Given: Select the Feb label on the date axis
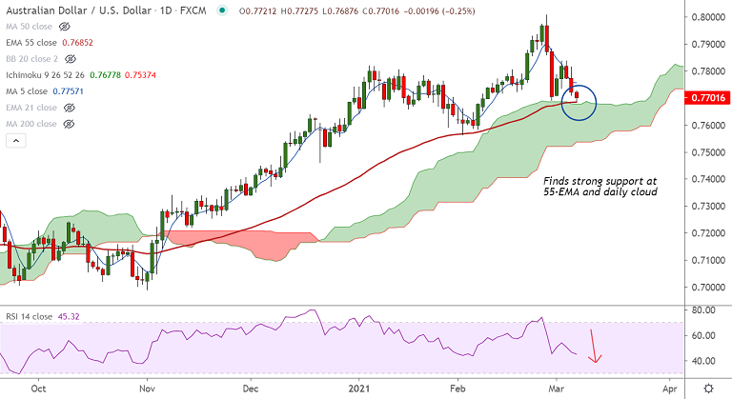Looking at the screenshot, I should [x=458, y=389].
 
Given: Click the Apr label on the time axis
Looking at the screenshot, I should [x=669, y=389].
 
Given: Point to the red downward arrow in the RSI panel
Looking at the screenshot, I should [x=597, y=345].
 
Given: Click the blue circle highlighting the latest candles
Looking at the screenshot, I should [x=579, y=101].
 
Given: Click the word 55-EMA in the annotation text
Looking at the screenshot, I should [x=561, y=191].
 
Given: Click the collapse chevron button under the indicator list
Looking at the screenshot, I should [x=15, y=141].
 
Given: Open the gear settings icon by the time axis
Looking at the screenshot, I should [x=708, y=389].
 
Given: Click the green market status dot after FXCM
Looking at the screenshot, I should [x=222, y=10].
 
